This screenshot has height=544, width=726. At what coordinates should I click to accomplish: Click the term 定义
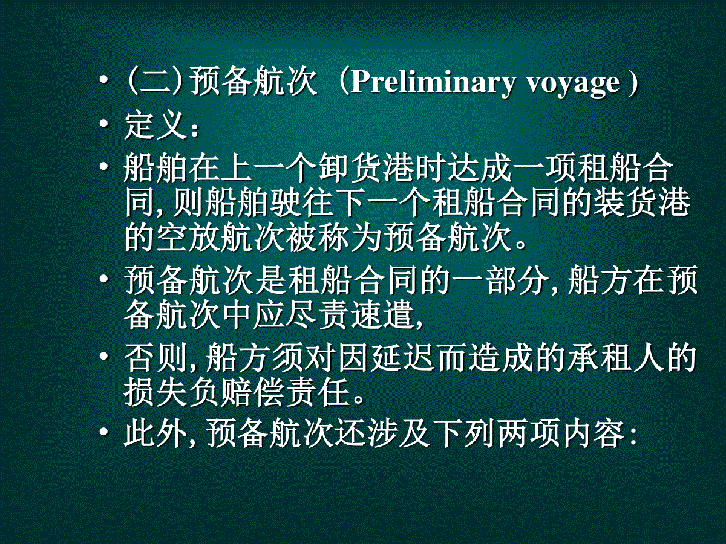154,126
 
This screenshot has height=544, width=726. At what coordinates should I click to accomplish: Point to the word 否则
155,358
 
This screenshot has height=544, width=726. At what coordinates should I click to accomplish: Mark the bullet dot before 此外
105,433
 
